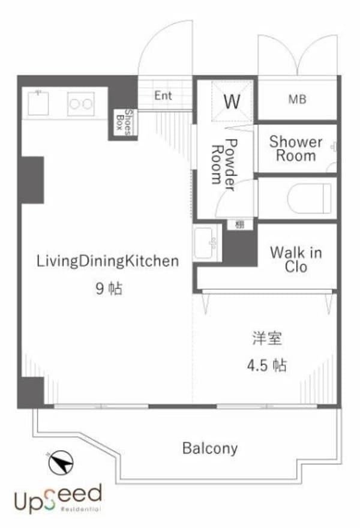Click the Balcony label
(210, 448)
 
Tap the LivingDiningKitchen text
(108, 261)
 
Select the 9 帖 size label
(109, 289)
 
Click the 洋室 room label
(267, 338)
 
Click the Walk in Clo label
(296, 259)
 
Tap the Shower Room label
(295, 149)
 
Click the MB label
(296, 99)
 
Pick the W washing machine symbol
(232, 101)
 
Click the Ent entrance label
(163, 95)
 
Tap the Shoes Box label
(123, 122)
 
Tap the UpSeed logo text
(58, 497)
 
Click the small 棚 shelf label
(239, 224)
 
